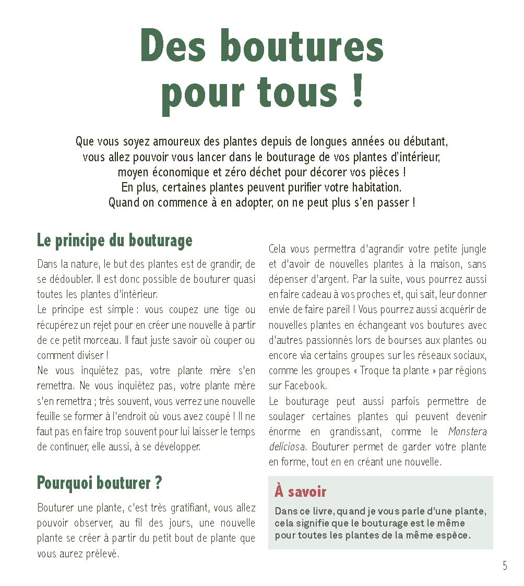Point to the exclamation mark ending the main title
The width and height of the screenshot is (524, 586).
point(357,92)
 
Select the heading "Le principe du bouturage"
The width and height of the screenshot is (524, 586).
point(114,241)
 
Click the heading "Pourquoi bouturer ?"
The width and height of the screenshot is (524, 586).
point(99,483)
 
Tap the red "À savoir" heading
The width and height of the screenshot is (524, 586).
point(300,492)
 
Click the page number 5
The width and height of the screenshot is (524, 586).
point(505,566)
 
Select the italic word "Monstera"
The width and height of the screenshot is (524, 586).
point(468,432)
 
